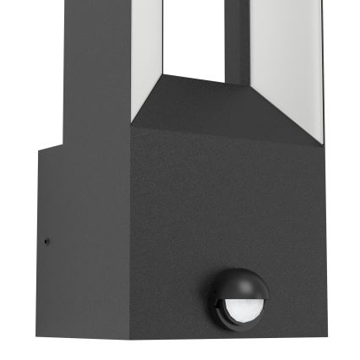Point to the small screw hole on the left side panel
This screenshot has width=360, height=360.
tap(46, 243)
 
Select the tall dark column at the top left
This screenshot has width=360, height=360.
tap(93, 68)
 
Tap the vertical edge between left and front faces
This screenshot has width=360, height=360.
tap(132, 254)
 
